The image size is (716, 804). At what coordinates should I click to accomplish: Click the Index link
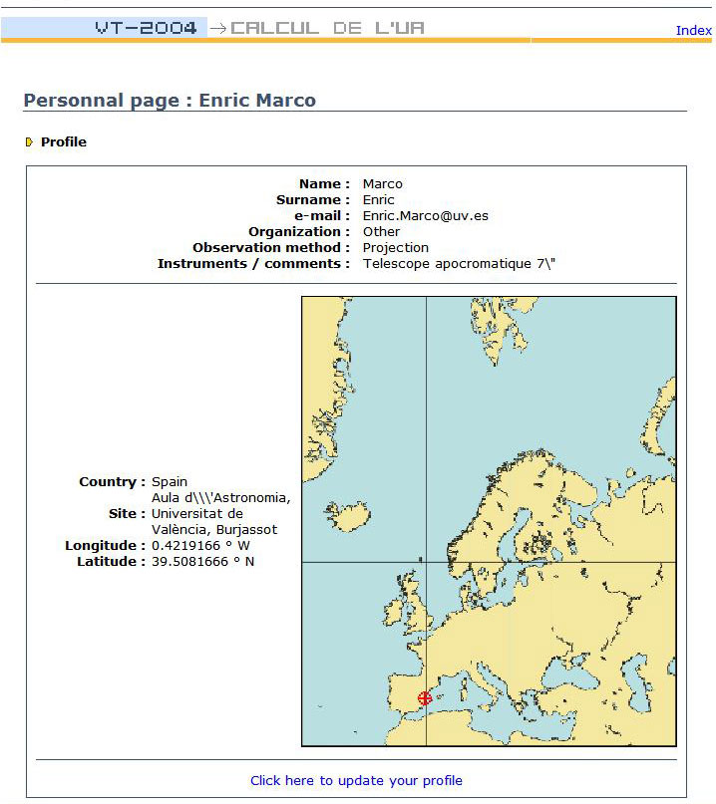click(x=693, y=30)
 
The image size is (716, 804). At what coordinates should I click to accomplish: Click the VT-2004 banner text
click(x=146, y=28)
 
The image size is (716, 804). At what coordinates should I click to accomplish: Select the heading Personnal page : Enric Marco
click(x=170, y=101)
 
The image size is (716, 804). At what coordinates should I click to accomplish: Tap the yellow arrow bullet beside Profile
click(x=30, y=142)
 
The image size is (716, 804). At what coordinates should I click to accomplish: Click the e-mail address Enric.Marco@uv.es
click(x=426, y=216)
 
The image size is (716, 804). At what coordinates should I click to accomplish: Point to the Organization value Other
click(x=381, y=232)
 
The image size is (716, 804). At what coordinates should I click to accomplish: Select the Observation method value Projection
click(x=396, y=248)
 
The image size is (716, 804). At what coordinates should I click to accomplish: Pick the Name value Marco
click(x=383, y=184)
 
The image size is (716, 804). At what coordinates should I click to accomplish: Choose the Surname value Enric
click(x=379, y=200)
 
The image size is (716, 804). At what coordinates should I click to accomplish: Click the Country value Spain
click(x=170, y=482)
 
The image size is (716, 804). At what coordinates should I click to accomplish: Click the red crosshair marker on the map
click(x=426, y=698)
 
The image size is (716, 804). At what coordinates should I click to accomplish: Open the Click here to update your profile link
click(x=356, y=781)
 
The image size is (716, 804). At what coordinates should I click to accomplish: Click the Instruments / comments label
click(x=253, y=264)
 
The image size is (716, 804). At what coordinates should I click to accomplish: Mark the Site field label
click(x=127, y=514)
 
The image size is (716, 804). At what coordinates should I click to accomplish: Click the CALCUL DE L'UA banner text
click(x=327, y=28)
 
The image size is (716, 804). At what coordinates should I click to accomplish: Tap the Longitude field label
click(x=105, y=546)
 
